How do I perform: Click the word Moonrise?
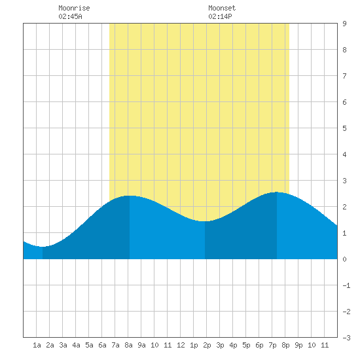[x=74, y=8]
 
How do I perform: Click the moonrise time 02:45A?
[x=70, y=16]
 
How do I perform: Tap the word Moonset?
[x=222, y=8]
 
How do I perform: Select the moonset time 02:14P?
[x=220, y=16]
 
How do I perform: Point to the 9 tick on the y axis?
[x=344, y=24]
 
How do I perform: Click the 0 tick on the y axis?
[x=344, y=259]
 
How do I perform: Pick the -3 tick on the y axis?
[x=346, y=338]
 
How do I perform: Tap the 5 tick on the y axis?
[x=344, y=128]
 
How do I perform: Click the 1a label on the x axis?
[x=37, y=345]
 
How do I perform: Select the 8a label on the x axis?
[x=128, y=345]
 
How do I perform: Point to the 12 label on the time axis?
[x=181, y=345]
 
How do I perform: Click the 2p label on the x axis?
[x=207, y=345]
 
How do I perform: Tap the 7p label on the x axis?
[x=272, y=345]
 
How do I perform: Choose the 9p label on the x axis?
[x=298, y=345]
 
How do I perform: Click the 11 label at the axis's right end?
[x=325, y=345]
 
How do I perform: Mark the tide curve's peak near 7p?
[x=277, y=192]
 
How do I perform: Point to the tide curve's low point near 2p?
[x=205, y=221]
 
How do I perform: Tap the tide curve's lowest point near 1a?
[x=43, y=247]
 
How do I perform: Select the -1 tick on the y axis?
[x=346, y=285]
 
